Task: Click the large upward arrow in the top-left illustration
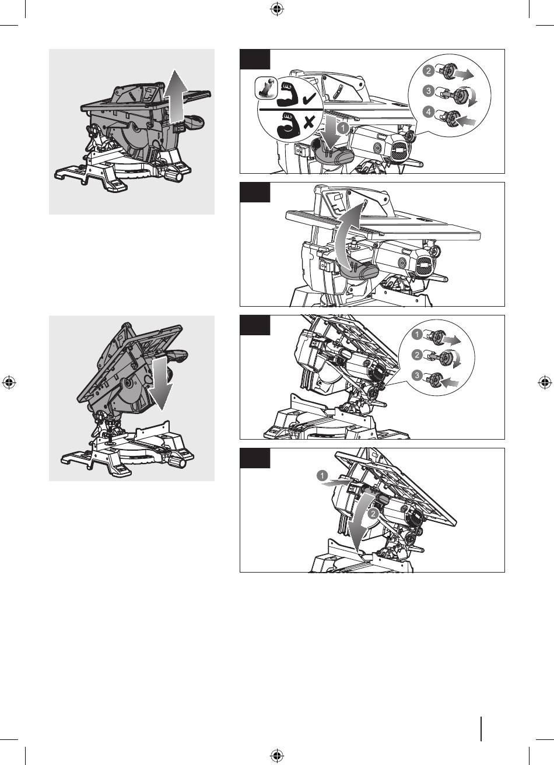(175, 97)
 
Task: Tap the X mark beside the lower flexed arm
(309, 122)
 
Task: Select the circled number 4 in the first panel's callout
(428, 112)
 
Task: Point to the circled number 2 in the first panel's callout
(428, 71)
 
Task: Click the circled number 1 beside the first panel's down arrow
(342, 128)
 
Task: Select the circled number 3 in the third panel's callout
(417, 376)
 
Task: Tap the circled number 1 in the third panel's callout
(417, 334)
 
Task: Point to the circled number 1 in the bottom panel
(322, 475)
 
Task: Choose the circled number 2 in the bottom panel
(373, 513)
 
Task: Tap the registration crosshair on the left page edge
(9, 383)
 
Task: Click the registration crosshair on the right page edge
(545, 383)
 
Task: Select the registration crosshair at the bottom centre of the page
(277, 755)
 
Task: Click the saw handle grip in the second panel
(359, 271)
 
